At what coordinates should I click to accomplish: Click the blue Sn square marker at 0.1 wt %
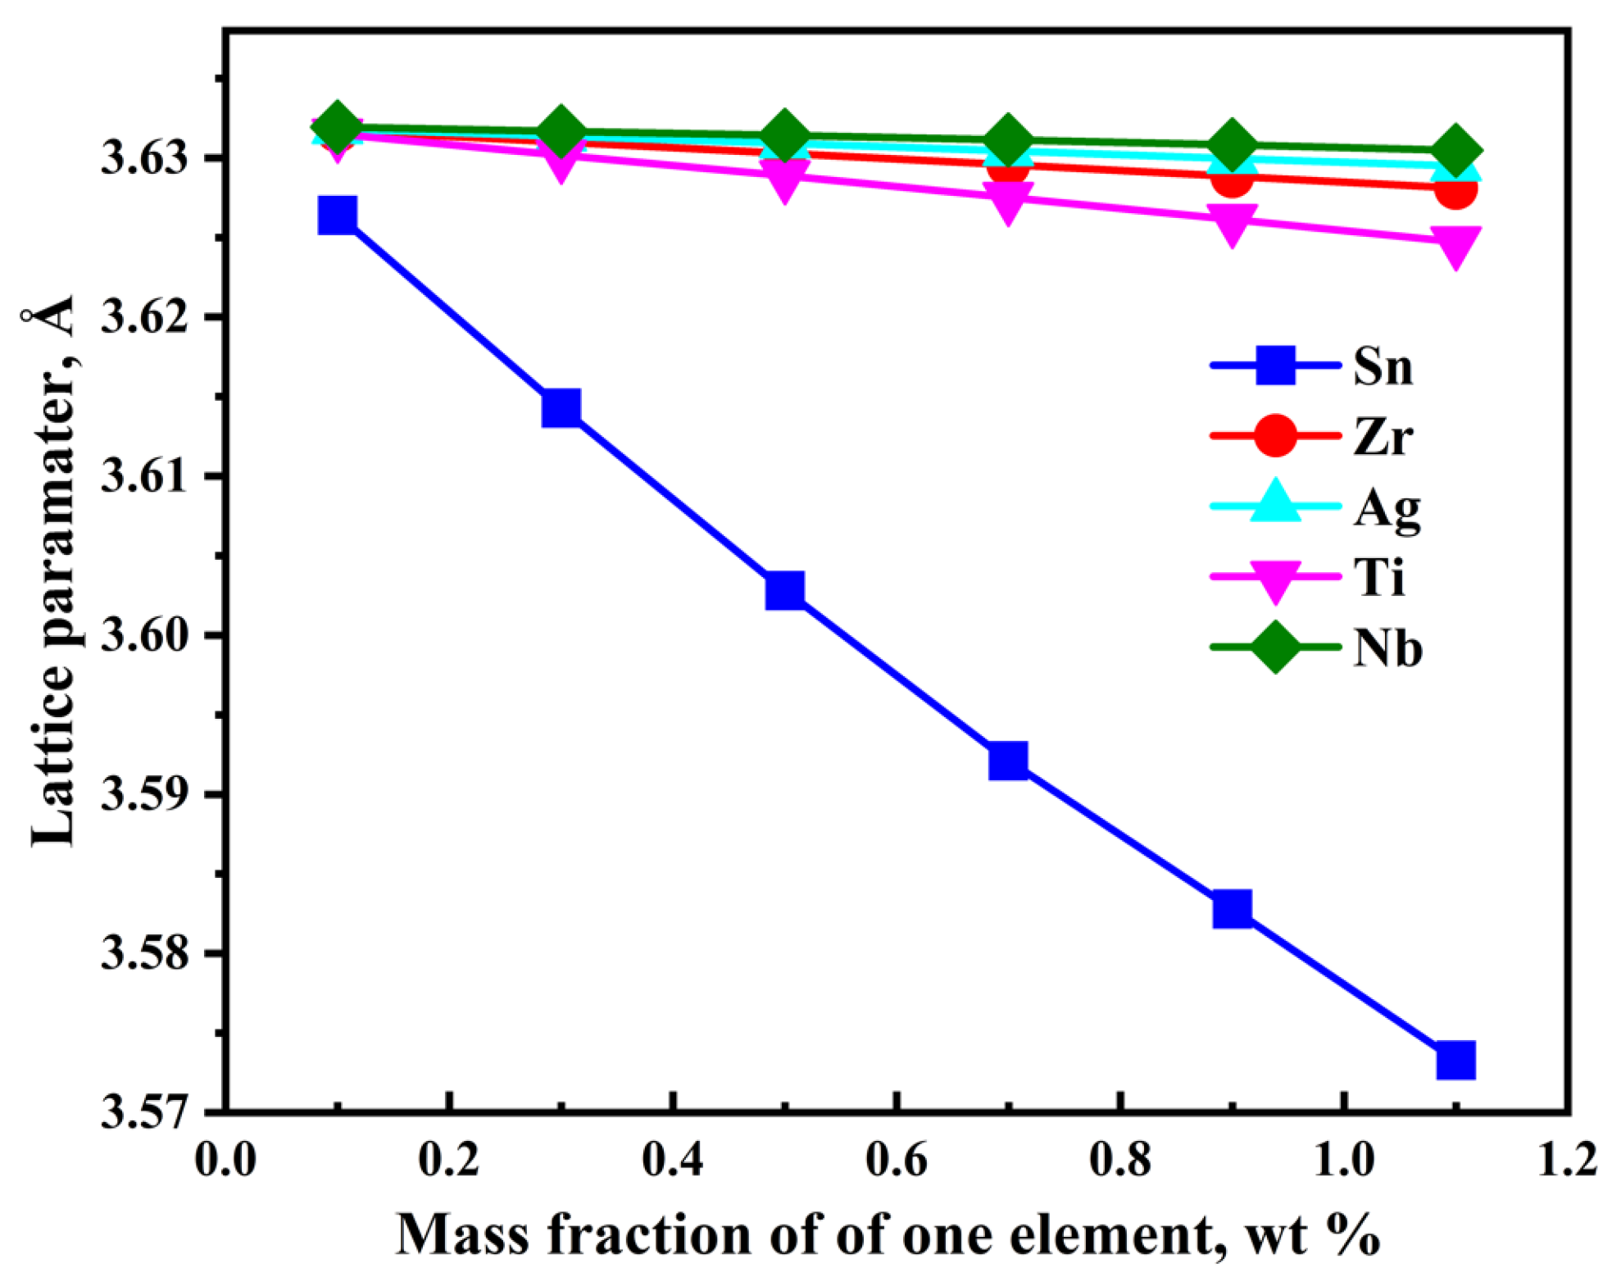pos(337,216)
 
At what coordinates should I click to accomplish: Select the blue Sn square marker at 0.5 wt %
pos(784,589)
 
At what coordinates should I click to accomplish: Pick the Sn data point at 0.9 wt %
pos(1232,908)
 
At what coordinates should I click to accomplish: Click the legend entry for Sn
pos(1383,366)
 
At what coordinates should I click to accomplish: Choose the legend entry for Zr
pos(1383,436)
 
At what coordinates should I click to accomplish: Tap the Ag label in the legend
pos(1387,509)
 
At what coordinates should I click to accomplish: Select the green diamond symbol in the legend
pos(1275,647)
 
